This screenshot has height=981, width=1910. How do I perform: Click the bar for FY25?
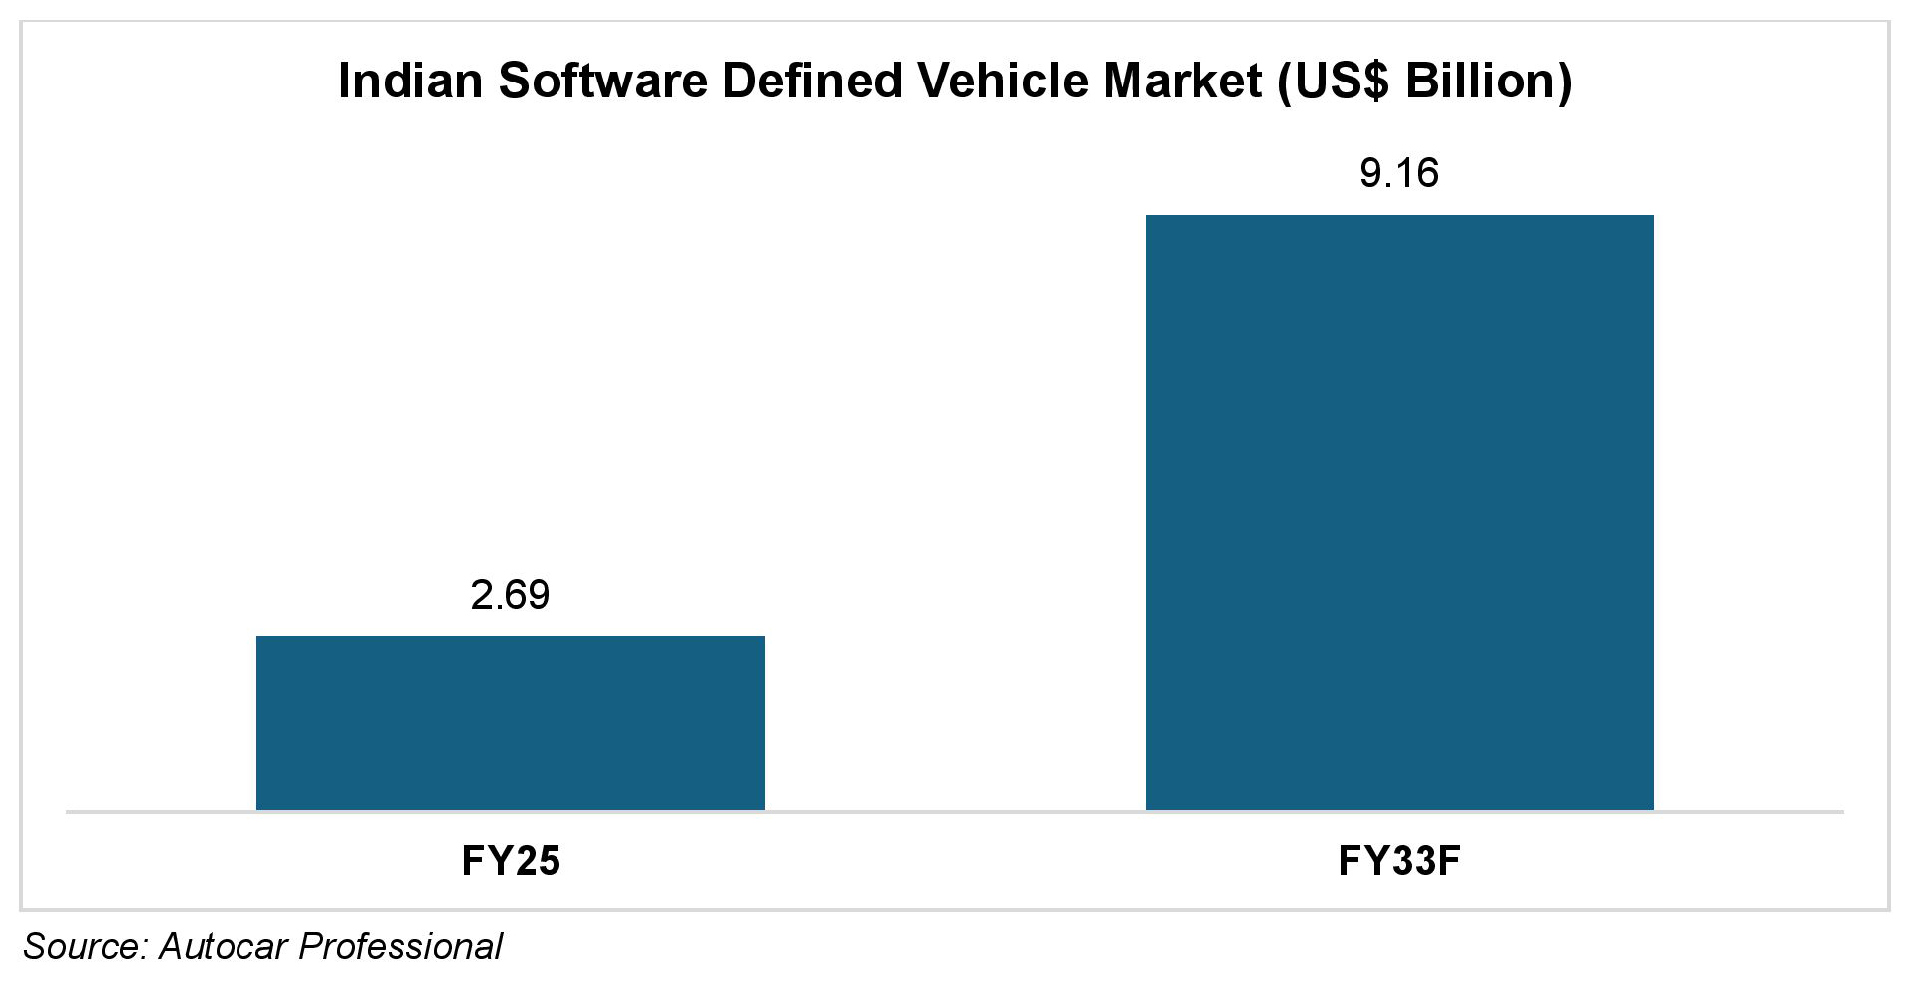click(510, 723)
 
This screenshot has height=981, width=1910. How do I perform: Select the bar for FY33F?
click(1398, 512)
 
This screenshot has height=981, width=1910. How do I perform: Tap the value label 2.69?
click(510, 595)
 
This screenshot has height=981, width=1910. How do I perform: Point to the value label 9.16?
click(1398, 174)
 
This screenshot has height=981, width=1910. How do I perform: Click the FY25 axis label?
click(511, 860)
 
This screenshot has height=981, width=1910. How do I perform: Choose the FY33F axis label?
click(1398, 860)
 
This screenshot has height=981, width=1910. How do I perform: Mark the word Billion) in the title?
click(1489, 82)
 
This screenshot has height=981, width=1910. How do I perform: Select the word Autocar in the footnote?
click(224, 946)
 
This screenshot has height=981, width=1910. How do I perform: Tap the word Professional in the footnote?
click(400, 946)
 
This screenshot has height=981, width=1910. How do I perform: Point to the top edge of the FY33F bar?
click(1398, 216)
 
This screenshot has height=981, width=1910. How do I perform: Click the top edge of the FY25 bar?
click(510, 637)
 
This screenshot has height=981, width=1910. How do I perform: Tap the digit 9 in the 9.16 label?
click(1370, 174)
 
